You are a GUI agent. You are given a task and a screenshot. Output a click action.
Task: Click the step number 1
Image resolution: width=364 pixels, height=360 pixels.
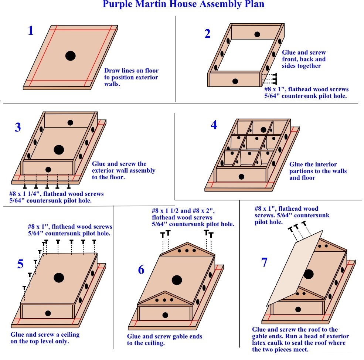(31, 30)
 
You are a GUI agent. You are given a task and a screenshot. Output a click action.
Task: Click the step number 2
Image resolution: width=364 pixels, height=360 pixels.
(207, 34)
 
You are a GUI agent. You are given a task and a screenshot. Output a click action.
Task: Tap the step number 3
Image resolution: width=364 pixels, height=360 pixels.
(18, 127)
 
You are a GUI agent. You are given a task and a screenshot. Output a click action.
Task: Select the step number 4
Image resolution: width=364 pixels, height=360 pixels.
(214, 125)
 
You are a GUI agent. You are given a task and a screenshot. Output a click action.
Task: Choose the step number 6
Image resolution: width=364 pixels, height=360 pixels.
(141, 270)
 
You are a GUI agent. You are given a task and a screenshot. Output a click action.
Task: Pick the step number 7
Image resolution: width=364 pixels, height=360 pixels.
(264, 262)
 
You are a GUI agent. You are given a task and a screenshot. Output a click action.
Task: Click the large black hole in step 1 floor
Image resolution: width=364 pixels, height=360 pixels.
(71, 56)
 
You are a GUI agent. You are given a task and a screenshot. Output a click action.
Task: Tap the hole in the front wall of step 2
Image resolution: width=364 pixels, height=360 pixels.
(235, 81)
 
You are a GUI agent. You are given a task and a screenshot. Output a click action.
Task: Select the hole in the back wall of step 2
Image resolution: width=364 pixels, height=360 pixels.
(256, 34)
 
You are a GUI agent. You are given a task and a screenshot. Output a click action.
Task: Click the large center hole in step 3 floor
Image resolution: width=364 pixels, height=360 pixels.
(59, 150)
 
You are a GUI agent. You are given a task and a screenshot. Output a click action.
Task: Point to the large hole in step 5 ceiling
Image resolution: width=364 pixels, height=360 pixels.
(59, 277)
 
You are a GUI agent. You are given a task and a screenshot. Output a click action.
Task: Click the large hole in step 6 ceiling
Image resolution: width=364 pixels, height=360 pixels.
(177, 280)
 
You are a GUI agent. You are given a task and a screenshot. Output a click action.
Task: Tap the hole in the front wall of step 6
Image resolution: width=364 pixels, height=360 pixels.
(165, 315)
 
